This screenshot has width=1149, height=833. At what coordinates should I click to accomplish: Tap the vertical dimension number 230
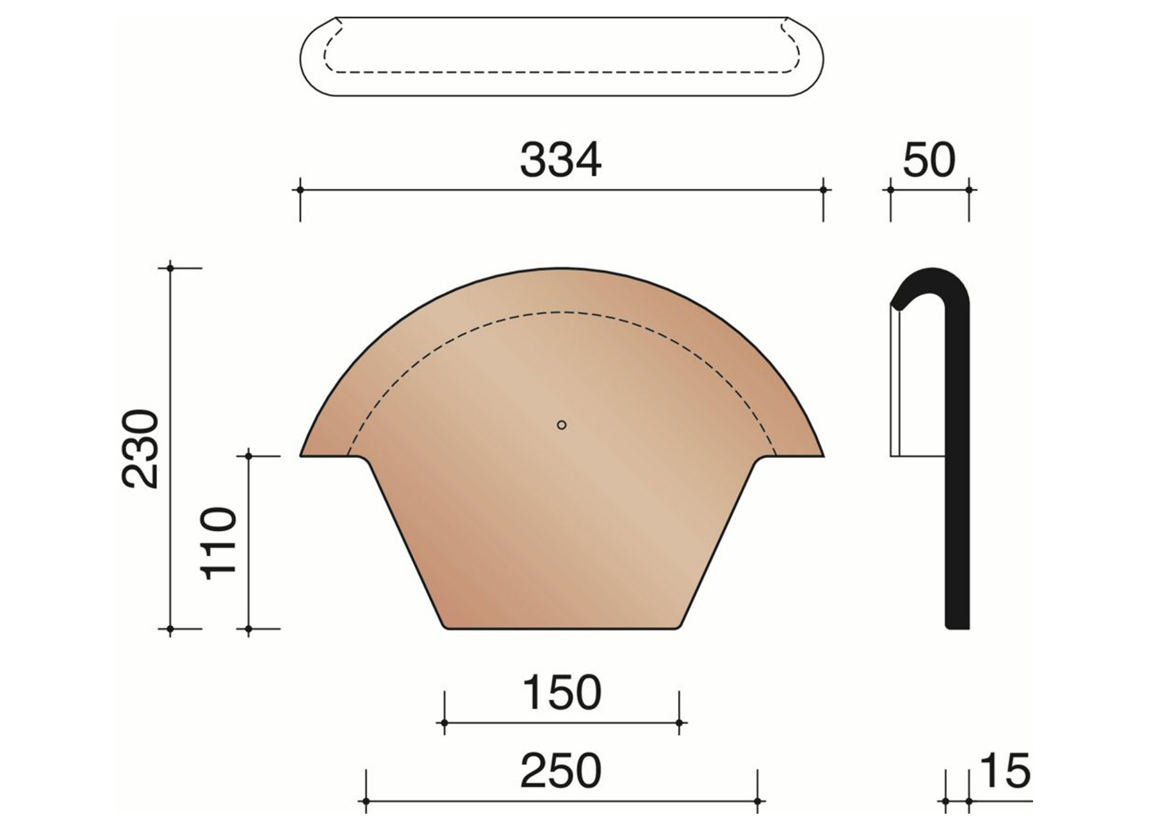[140, 449]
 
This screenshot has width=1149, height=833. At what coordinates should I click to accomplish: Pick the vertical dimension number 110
[219, 543]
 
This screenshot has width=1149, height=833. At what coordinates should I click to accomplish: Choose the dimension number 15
[1004, 771]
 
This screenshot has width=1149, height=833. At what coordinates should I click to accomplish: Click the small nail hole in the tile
[562, 425]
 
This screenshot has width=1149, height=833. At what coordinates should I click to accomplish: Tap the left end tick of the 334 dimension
[300, 190]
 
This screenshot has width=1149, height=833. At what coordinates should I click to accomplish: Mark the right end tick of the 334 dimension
[824, 190]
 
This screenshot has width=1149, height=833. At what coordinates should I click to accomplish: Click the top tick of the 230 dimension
[170, 267]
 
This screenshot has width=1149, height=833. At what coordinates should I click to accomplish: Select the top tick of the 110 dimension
[249, 456]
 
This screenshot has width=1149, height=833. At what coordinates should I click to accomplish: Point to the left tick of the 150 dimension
[444, 723]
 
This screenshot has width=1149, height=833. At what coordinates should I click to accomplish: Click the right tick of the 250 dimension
[757, 802]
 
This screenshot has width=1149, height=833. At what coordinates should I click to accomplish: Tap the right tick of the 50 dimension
[968, 190]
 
